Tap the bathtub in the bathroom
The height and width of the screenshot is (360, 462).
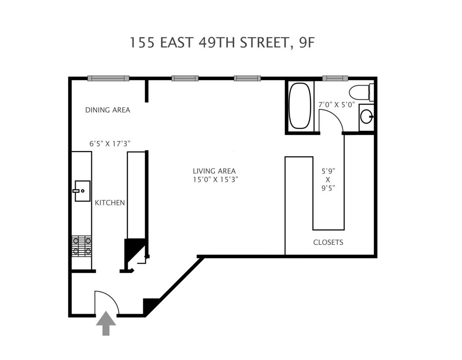tap(299, 106)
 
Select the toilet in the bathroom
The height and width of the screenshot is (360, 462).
tap(361, 92)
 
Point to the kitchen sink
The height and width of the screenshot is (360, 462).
tap(82, 191)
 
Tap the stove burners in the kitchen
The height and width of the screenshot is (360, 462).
tap(82, 246)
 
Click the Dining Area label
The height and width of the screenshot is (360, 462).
tap(108, 110)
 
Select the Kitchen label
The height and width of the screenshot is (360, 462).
tap(110, 203)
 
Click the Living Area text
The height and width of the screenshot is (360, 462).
tap(214, 171)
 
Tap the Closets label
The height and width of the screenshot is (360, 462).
tap(328, 242)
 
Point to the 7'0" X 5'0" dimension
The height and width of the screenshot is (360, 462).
tap(337, 105)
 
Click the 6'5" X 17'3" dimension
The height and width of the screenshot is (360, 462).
tap(110, 144)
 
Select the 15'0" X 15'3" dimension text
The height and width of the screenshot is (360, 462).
tap(216, 179)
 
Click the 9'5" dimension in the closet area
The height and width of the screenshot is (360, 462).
tap(328, 188)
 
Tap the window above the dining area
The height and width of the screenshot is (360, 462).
tap(108, 78)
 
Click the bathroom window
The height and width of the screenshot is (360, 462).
tap(335, 78)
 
